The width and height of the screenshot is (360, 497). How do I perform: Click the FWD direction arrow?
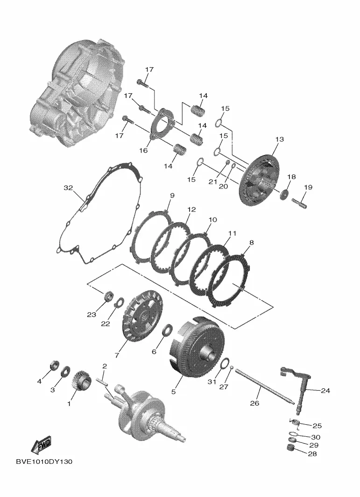click(x=41, y=445)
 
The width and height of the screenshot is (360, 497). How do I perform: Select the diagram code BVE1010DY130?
click(x=44, y=462)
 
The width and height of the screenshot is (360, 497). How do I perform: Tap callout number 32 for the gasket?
click(x=68, y=188)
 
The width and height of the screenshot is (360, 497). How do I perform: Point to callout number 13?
click(x=279, y=139)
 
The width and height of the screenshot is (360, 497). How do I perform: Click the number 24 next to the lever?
click(x=325, y=391)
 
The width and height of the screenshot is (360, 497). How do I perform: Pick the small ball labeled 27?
click(x=232, y=368)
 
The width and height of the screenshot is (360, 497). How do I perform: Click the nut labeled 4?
click(x=55, y=366)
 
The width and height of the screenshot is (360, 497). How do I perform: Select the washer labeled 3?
click(x=66, y=371)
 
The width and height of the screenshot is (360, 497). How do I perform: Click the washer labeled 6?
click(x=167, y=331)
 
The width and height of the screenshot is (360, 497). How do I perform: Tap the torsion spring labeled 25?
click(x=295, y=422)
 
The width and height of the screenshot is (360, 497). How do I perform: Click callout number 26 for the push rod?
click(x=254, y=403)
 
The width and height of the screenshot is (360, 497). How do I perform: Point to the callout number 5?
click(x=173, y=392)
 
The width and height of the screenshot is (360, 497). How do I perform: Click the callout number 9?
click(x=172, y=196)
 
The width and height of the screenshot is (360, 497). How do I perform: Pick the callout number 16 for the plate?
click(x=143, y=150)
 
